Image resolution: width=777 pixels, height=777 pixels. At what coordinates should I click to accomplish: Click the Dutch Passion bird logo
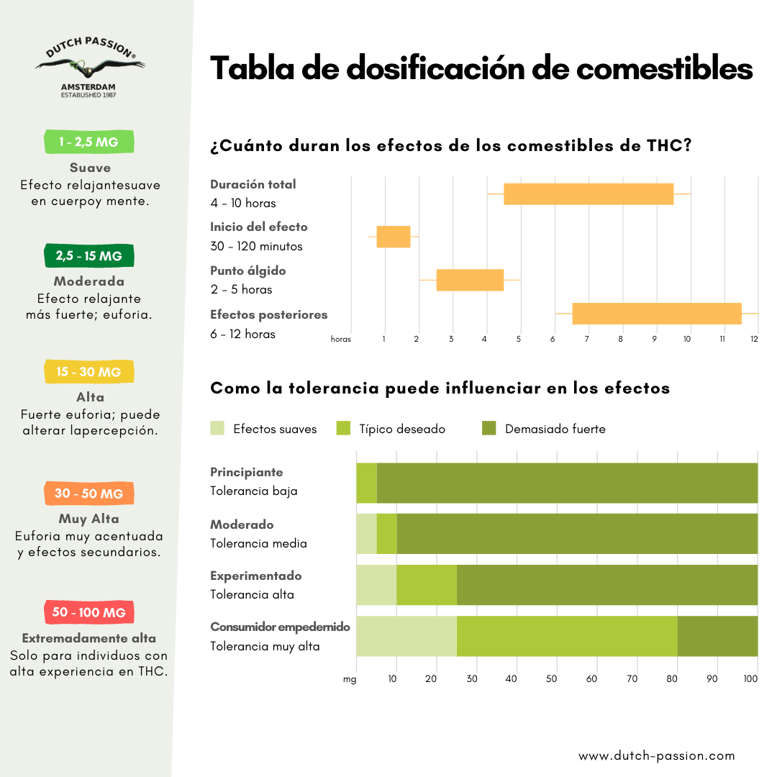[90, 67]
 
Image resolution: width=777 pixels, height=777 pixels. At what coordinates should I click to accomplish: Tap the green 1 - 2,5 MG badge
[89, 142]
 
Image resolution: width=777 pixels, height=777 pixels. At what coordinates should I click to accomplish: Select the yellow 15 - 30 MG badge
[89, 372]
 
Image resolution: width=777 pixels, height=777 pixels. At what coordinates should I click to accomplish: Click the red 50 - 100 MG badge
[89, 612]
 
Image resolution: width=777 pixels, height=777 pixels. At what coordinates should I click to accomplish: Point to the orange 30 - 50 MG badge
[89, 494]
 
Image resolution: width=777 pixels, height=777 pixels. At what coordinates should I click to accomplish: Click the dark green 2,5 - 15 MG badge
[89, 256]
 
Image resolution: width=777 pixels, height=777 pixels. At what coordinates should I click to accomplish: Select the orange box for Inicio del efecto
[394, 237]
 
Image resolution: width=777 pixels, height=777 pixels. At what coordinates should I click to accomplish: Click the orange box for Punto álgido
[470, 280]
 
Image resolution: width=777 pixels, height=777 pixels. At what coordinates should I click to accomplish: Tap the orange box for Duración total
[589, 194]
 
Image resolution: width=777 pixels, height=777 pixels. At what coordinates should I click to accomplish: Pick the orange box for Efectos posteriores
[657, 314]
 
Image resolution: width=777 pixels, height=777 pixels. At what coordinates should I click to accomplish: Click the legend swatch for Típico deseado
[344, 429]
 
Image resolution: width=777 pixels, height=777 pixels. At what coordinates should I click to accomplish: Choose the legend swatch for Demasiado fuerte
[489, 429]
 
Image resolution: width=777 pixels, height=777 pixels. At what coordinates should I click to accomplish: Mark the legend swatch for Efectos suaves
[217, 429]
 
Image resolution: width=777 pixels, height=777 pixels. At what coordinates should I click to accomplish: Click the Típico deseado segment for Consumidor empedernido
[567, 636]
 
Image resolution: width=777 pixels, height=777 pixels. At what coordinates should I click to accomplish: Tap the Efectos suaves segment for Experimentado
[376, 585]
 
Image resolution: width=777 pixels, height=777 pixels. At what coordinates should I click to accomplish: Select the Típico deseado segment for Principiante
[367, 483]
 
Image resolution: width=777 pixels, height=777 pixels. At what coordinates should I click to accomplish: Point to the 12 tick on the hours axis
[755, 339]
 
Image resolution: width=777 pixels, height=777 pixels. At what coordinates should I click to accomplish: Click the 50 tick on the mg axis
[552, 678]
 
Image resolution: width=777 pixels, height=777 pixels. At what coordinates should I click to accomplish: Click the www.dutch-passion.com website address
[657, 755]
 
